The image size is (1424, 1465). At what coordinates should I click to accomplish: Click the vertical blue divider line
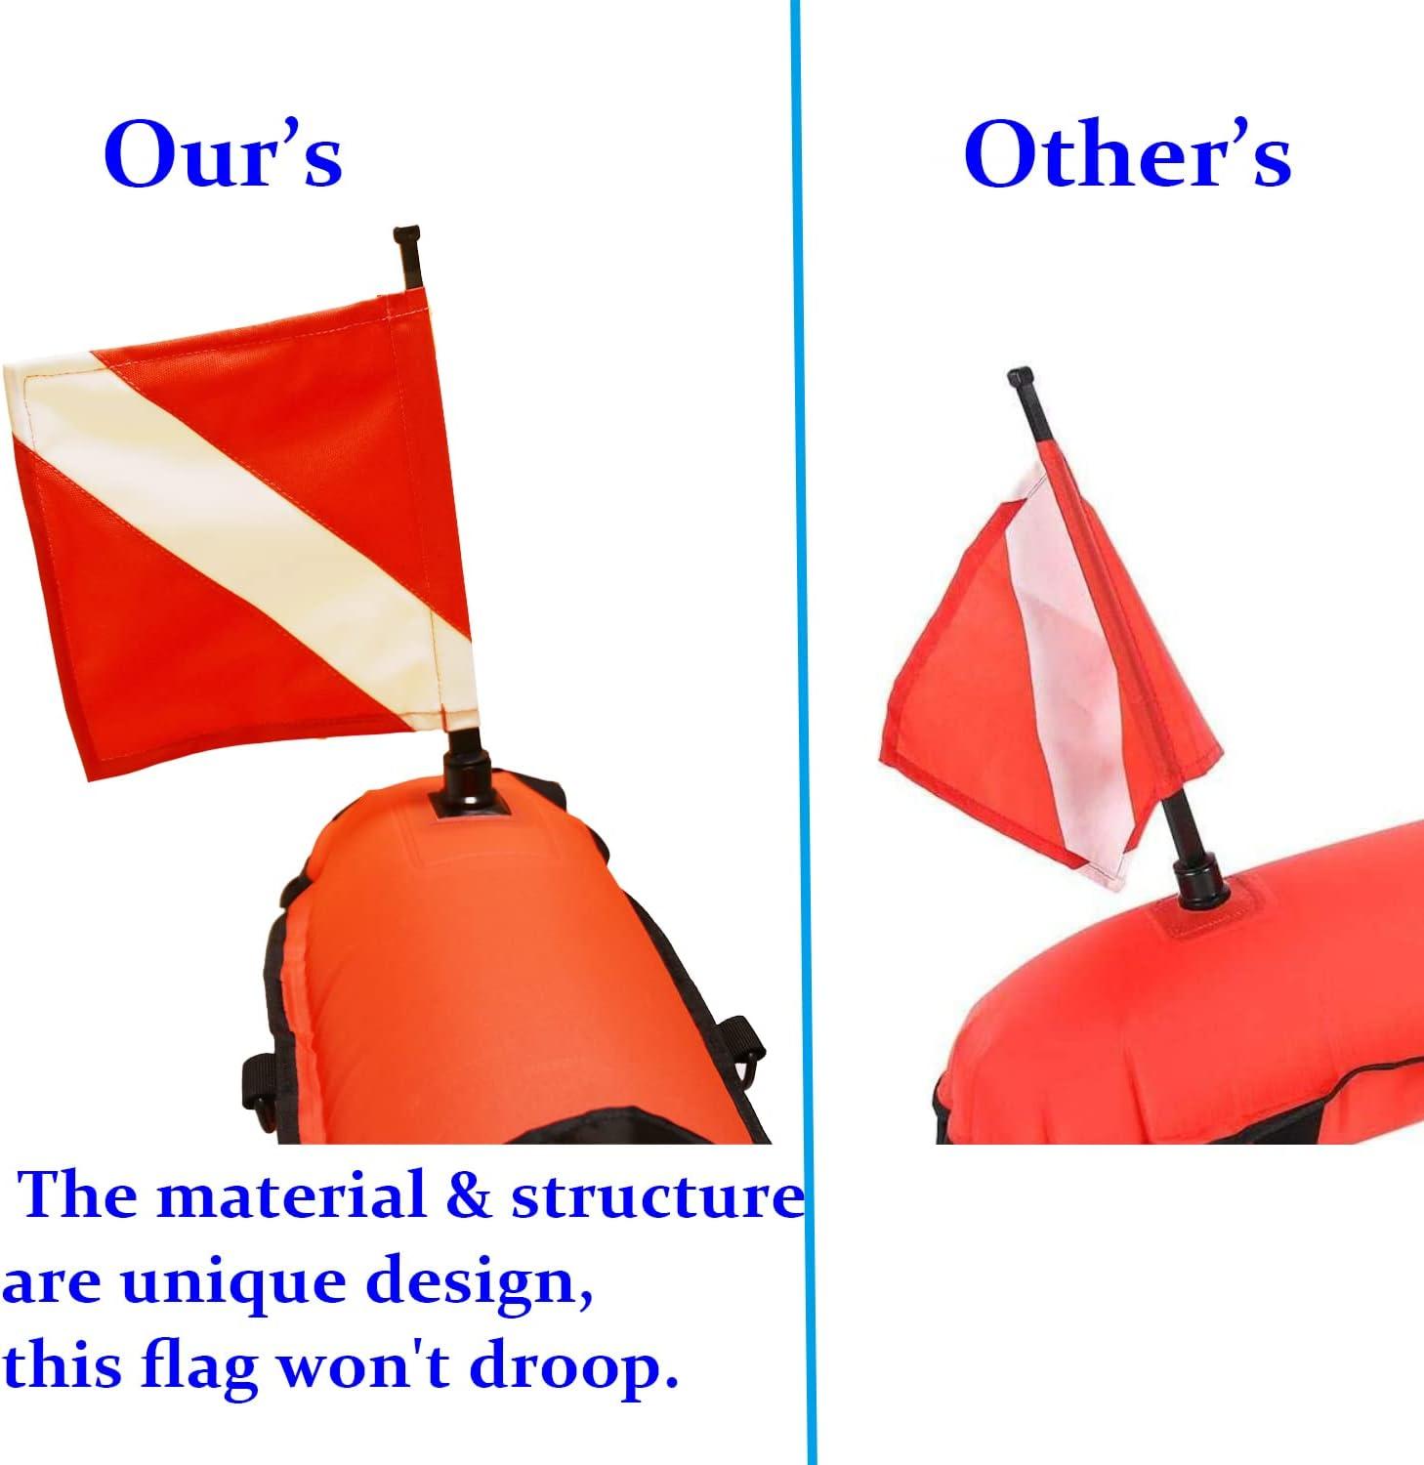click(803, 732)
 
